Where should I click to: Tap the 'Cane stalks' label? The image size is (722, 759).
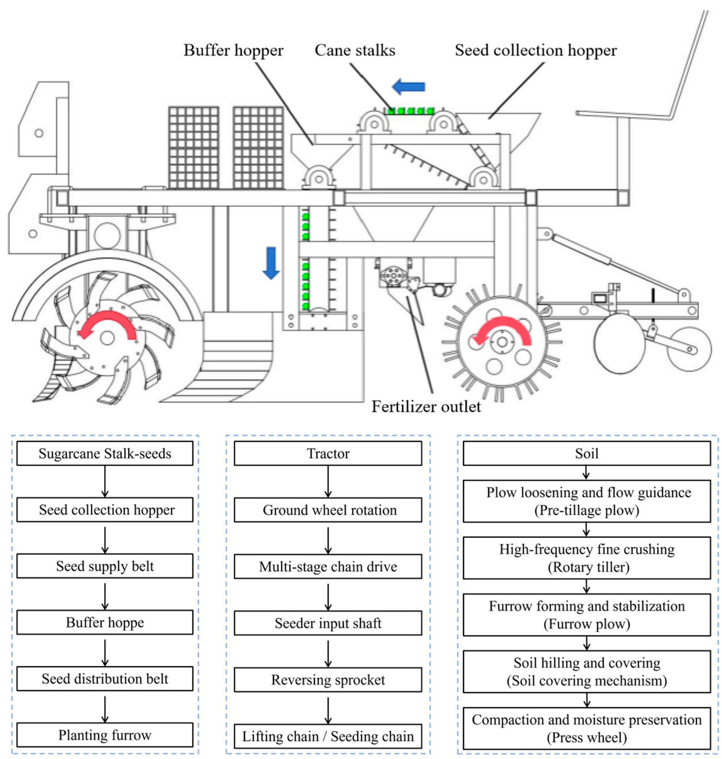pos(355,50)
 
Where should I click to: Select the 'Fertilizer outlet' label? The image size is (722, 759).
pos(426,407)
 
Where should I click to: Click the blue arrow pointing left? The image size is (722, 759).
pos(408,87)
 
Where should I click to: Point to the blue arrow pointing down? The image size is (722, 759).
pos(271,263)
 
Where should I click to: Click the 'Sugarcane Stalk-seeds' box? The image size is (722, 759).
pos(105,454)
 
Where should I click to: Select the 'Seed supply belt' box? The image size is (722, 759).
pos(105,566)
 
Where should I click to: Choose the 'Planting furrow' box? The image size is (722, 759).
pos(105,735)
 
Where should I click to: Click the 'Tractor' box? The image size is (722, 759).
pos(328,454)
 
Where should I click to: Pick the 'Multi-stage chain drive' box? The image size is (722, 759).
pos(328,566)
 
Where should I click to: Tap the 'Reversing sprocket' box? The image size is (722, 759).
pos(328,679)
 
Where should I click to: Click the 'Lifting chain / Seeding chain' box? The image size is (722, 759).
pos(328,736)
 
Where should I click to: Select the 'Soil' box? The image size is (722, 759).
pos(586,454)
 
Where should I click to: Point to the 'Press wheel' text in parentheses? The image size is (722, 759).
pos(586,737)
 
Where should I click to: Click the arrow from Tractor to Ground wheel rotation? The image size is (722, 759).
pos(328,481)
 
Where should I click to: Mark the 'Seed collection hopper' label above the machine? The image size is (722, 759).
pos(536,50)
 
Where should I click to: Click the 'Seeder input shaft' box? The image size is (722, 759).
pos(328,623)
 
